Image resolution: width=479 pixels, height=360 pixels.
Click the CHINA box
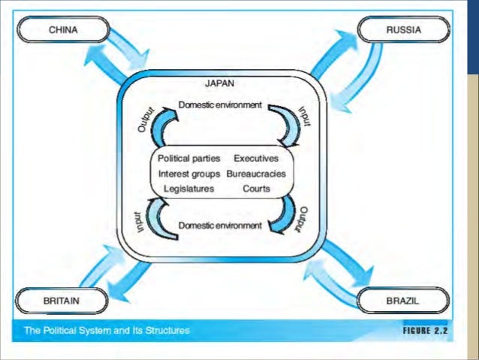(x=64, y=31)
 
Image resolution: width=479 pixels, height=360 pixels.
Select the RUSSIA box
(x=403, y=31)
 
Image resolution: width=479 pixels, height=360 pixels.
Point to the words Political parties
(x=189, y=159)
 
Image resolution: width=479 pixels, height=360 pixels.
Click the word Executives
(x=256, y=159)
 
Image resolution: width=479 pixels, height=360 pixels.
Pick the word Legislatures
(x=188, y=189)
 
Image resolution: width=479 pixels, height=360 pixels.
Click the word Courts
(x=256, y=189)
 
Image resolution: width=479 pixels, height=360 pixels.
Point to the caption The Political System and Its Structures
(x=105, y=330)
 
